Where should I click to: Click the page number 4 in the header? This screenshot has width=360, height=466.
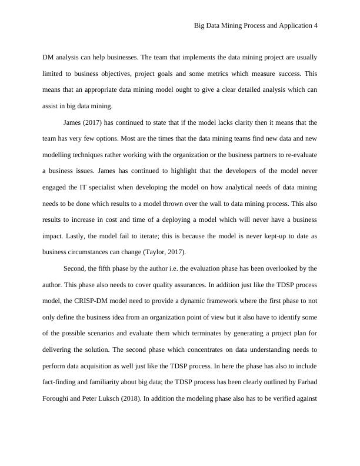point(316,26)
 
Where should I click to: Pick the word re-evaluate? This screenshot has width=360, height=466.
point(296,155)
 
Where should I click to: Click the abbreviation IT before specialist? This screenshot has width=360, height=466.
point(101,188)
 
